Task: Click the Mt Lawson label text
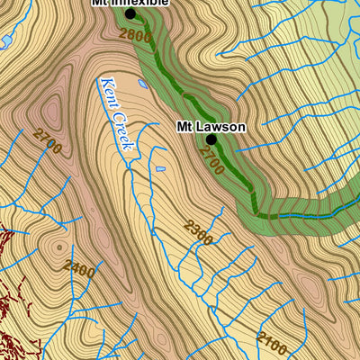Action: click(x=209, y=127)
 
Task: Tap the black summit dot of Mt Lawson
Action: click(x=211, y=140)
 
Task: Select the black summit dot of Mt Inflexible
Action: click(x=130, y=14)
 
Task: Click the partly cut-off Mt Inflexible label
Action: click(x=130, y=3)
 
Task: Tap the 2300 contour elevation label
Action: click(x=198, y=232)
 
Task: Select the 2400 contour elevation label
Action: click(x=79, y=267)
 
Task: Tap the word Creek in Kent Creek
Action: click(x=125, y=130)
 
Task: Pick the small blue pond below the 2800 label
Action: click(x=143, y=85)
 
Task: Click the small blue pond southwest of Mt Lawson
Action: click(x=160, y=169)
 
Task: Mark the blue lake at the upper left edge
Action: click(x=4, y=41)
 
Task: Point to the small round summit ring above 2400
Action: click(x=61, y=246)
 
